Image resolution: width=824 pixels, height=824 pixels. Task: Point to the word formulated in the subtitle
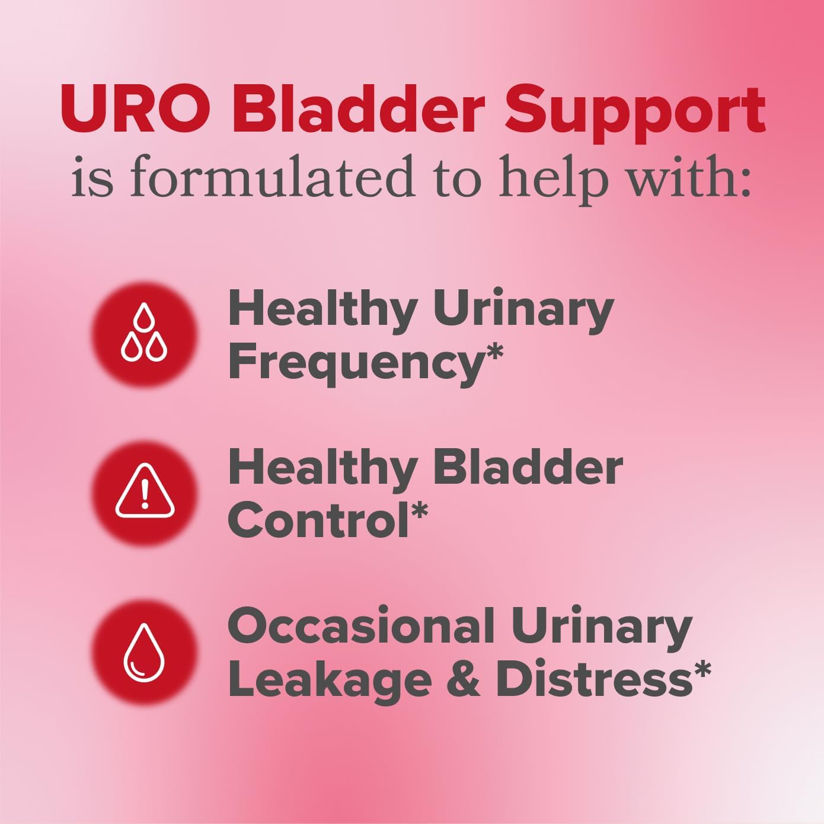(272, 177)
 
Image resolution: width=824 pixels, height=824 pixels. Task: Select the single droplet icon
(144, 651)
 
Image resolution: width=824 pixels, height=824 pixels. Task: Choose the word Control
(317, 520)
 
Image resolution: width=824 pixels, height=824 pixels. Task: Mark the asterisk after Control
(419, 511)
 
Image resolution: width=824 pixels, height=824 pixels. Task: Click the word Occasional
(361, 626)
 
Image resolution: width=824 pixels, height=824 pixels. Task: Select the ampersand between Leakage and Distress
(463, 679)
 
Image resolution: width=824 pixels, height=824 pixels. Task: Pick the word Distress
(593, 679)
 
